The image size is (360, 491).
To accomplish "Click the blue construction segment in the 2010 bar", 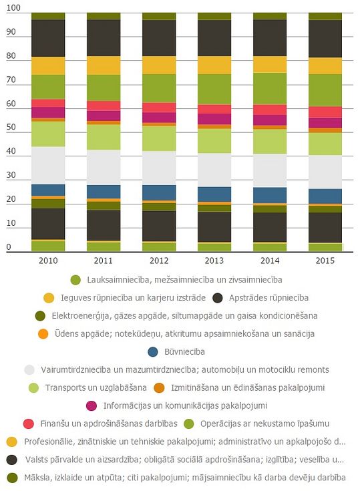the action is tap(48, 190).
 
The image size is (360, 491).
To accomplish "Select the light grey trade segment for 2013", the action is tap(214, 170).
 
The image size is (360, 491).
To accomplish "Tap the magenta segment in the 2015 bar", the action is tap(325, 123).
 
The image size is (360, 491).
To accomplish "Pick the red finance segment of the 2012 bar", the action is tap(159, 107).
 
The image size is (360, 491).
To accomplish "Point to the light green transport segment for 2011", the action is tap(104, 137).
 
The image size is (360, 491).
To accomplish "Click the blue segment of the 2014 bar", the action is tap(270, 195).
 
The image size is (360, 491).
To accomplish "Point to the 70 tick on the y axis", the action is tap(11, 80).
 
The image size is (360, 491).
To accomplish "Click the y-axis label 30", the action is tap(11, 175).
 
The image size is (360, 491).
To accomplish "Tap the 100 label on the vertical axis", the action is tap(13, 8).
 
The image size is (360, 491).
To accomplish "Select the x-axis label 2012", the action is tap(159, 261).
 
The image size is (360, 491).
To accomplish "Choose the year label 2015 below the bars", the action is tap(325, 261).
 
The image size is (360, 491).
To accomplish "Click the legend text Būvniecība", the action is tap(184, 351).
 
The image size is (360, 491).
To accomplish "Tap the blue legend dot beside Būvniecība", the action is tap(153, 351).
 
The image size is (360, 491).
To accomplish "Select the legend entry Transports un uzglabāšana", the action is tap(96, 387).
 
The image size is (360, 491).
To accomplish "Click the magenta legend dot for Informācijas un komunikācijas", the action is tap(91, 406).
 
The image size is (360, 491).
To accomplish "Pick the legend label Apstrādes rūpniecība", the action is tap(268, 297).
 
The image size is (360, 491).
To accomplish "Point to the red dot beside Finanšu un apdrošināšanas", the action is tap(29, 424).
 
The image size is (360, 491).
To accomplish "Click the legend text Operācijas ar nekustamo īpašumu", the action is tap(265, 424).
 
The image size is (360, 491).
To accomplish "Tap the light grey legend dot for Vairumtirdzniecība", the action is tap(29, 370).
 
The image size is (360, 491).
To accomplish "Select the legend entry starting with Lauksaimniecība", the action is tap(185, 280).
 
